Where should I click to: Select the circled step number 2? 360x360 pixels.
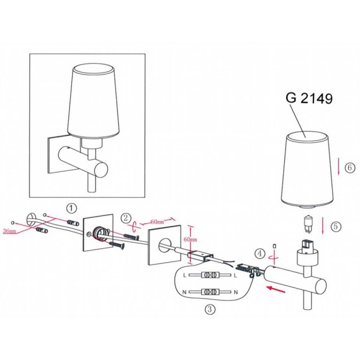point(126,218)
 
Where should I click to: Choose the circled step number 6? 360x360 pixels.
point(349,168)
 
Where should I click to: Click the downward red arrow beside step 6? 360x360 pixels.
point(339,165)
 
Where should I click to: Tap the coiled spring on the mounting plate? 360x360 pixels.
point(99,235)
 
